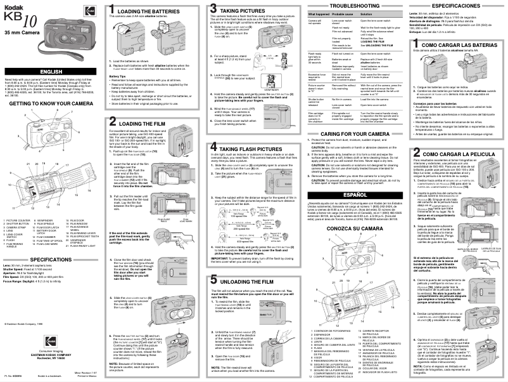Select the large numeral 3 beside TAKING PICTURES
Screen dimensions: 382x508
pos(214,10)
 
